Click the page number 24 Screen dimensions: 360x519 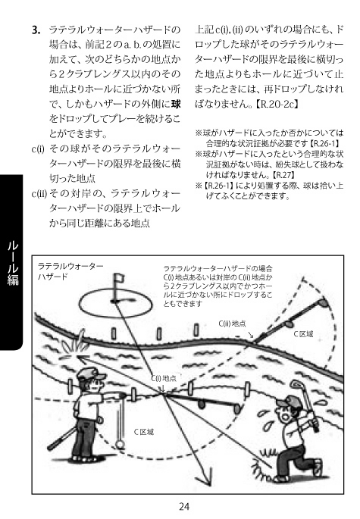184,506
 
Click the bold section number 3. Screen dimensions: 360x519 36,30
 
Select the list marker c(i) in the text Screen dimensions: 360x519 38,149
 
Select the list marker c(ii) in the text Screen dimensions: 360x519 39,193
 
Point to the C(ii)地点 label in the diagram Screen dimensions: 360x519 232,324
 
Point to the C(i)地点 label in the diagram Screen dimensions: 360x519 164,378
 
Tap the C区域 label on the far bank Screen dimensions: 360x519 303,334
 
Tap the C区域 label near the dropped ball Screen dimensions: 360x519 143,432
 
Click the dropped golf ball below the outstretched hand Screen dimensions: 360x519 120,443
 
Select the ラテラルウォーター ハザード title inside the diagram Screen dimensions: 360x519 70,270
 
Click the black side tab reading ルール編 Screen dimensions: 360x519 13,261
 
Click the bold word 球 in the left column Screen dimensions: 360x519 176,105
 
